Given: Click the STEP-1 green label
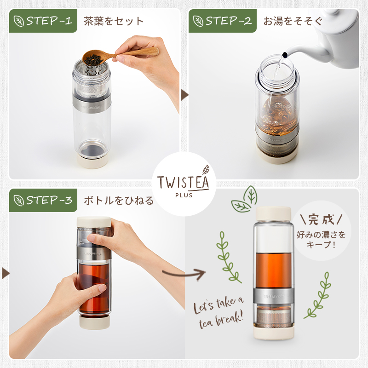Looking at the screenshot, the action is [43, 21].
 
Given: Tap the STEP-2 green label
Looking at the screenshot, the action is [223, 21].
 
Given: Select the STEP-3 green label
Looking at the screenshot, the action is [43, 200].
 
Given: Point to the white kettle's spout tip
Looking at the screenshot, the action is [284, 55].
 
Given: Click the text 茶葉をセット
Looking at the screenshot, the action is [114, 21].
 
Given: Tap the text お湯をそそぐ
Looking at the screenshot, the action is [293, 21].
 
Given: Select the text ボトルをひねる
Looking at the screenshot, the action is [119, 201].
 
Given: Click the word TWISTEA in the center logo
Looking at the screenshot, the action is [183, 182].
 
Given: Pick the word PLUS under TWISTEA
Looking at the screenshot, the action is [184, 195].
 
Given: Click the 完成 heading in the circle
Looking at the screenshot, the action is [321, 220].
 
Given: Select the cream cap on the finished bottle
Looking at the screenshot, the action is [274, 213].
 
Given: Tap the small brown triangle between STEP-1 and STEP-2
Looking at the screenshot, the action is [185, 95].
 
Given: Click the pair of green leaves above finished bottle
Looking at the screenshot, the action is [244, 200].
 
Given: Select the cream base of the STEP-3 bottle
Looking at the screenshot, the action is [95, 322].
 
